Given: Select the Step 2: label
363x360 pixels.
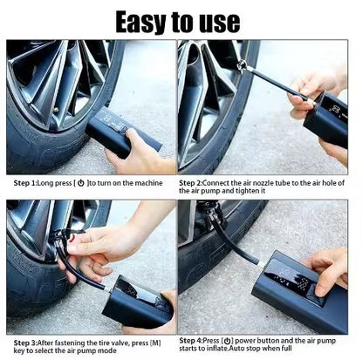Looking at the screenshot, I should pos(198,184).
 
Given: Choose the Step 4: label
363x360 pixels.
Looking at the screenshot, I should pos(198,341).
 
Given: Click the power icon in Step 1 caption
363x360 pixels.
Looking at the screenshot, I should pos(81,184).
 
